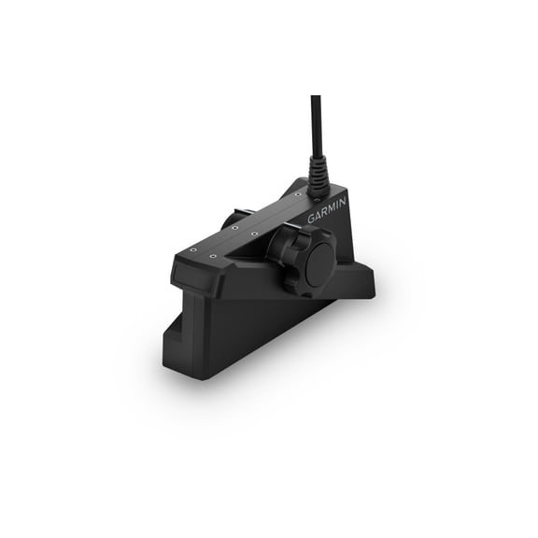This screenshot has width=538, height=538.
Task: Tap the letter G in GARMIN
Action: coord(312,219)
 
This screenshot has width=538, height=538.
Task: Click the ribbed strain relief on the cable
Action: coord(319,173)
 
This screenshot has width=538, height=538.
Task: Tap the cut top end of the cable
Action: coord(314,96)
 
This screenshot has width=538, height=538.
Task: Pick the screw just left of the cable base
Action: coord(298,194)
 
